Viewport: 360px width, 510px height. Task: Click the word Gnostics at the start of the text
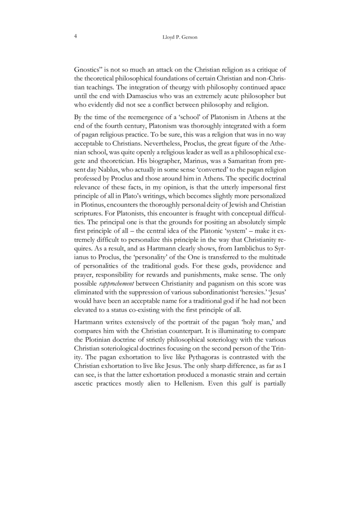click(88, 71)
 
